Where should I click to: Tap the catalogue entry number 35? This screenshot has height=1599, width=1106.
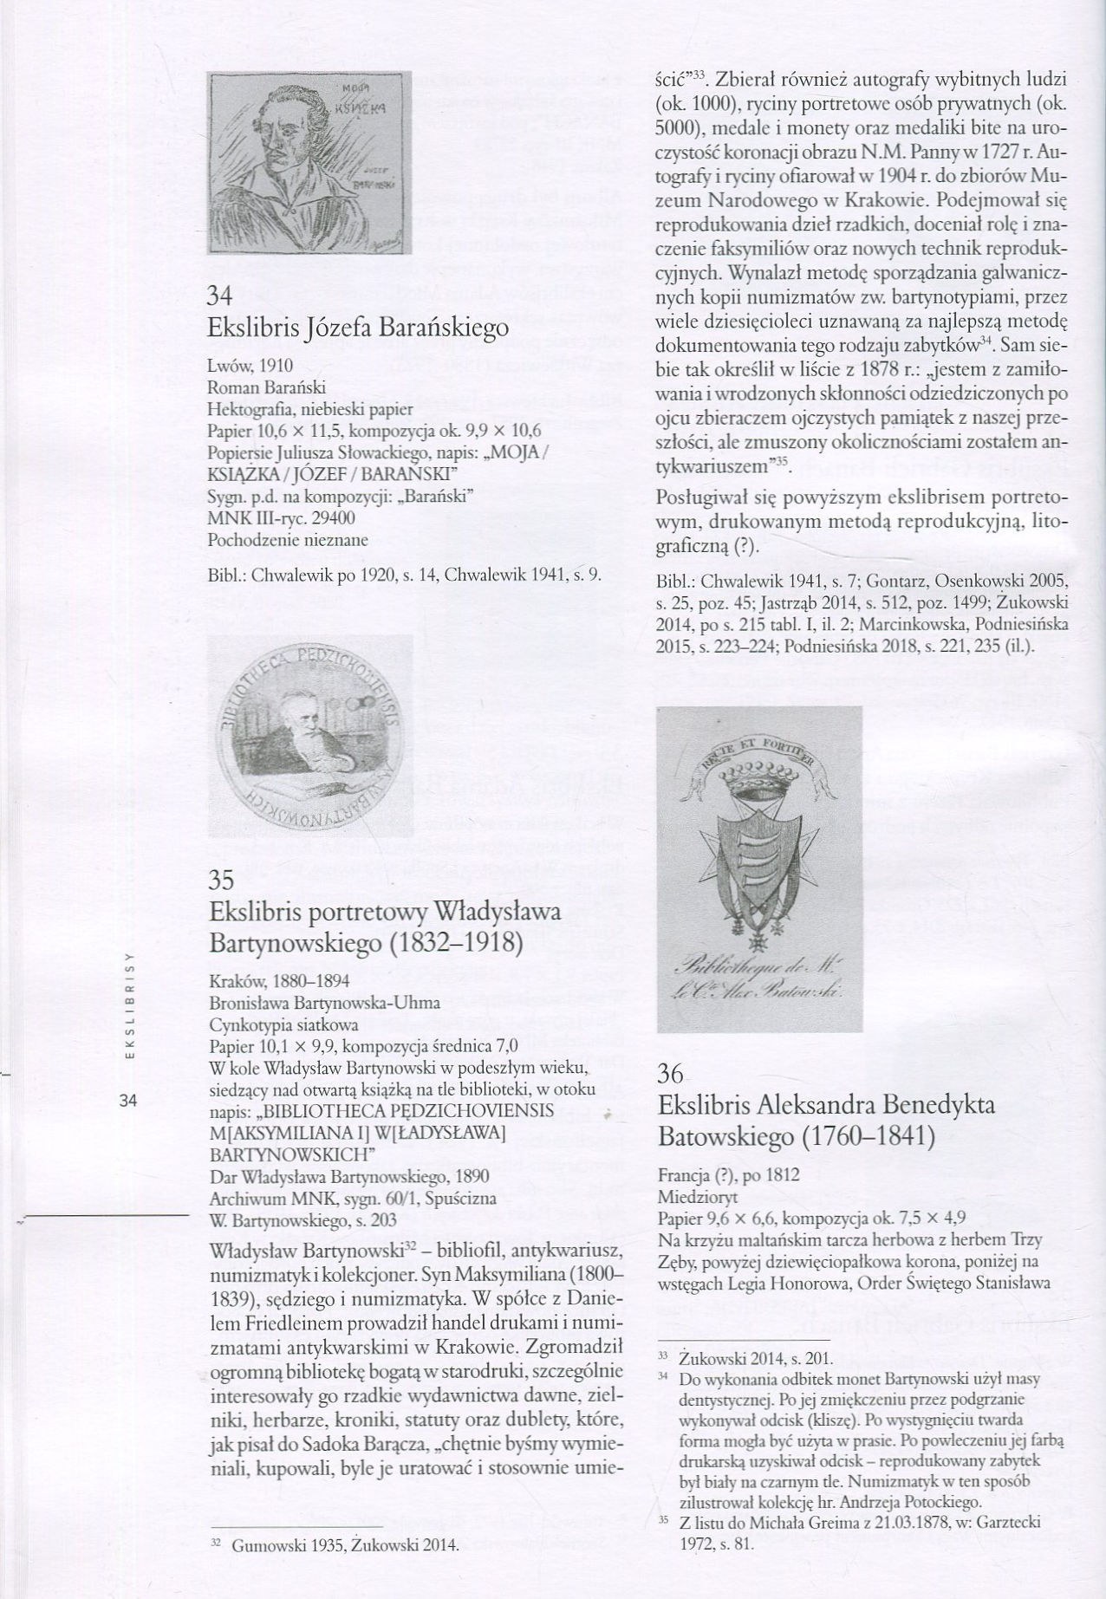coord(222,881)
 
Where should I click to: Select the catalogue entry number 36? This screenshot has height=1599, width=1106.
coord(671,1075)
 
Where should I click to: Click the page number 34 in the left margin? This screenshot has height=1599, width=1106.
coord(129,1102)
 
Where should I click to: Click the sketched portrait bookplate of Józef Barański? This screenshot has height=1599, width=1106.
coord(310,161)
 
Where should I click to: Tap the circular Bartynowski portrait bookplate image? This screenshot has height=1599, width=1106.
coord(310,735)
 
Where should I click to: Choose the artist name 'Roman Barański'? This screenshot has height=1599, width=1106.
coord(266,387)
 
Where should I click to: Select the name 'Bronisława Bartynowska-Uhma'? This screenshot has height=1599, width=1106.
coord(325,1003)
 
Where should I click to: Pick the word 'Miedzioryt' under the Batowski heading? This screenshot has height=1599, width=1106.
coord(698,1197)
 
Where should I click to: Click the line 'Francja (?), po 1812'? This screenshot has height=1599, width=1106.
coord(728,1176)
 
